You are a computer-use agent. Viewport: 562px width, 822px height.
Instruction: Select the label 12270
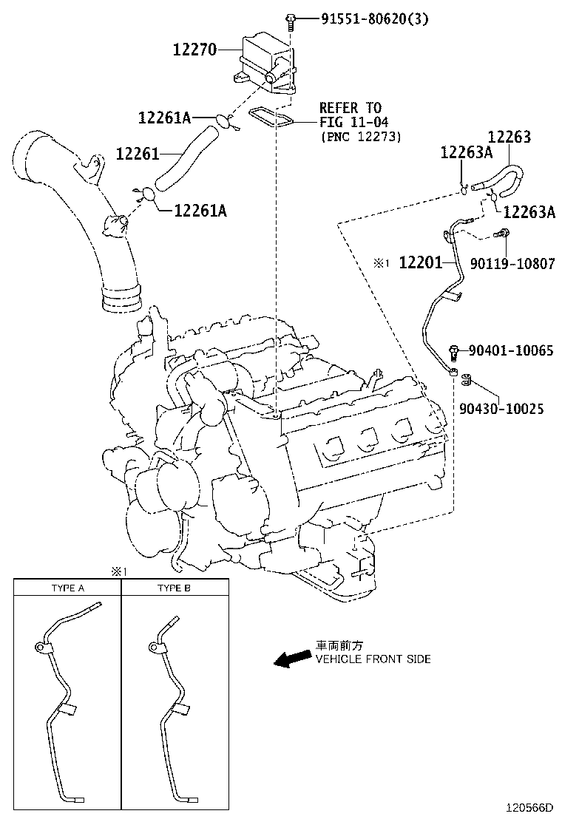(x=194, y=50)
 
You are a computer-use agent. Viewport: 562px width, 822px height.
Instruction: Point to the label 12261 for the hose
(x=138, y=153)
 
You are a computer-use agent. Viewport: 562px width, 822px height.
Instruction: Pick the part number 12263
(x=509, y=137)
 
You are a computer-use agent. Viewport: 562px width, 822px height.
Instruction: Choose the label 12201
(x=420, y=263)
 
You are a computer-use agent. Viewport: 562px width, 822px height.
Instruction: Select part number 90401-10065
(x=511, y=350)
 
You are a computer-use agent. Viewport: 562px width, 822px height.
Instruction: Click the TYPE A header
(x=67, y=588)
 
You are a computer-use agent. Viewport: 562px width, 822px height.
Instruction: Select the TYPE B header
(x=174, y=588)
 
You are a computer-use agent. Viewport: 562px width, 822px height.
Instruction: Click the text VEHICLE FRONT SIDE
(x=373, y=659)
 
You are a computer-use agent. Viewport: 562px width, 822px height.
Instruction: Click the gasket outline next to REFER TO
(x=271, y=115)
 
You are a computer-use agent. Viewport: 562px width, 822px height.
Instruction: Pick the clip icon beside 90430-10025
(x=467, y=381)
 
